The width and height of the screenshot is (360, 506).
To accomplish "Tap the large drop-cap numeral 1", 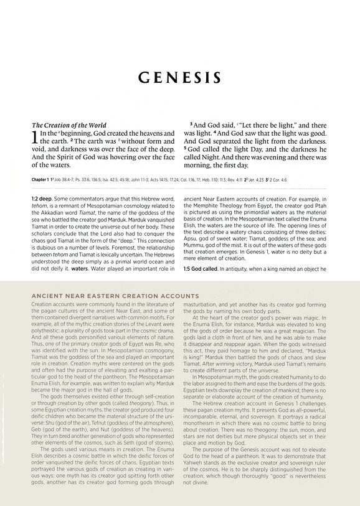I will click(x=35, y=138).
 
